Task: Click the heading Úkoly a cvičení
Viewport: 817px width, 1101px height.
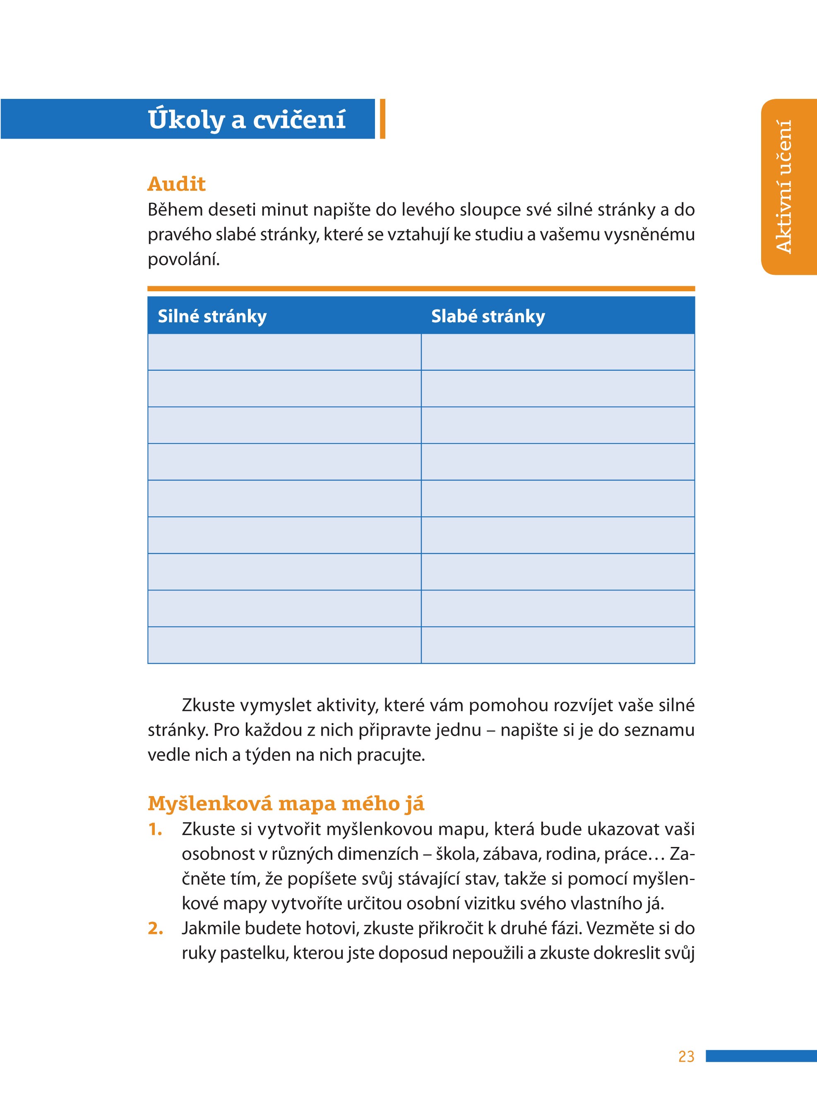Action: coord(246,120)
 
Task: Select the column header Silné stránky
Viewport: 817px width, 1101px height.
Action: coord(212,316)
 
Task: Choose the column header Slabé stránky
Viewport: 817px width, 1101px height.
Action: coord(488,316)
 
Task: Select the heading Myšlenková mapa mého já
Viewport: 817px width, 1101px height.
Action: coord(286,804)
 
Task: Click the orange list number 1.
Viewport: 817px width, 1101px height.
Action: coord(155,830)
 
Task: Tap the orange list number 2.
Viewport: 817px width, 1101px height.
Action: coord(155,928)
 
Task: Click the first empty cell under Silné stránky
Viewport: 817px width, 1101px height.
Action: coord(284,352)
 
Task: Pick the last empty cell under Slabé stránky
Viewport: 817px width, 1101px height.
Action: coord(558,645)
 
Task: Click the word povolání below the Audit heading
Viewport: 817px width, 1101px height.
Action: coord(183,259)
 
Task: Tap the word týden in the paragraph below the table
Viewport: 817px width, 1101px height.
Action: coord(266,755)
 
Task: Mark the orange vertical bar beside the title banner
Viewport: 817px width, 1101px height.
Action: coord(382,119)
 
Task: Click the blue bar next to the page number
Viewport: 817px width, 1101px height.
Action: coord(761,1056)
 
